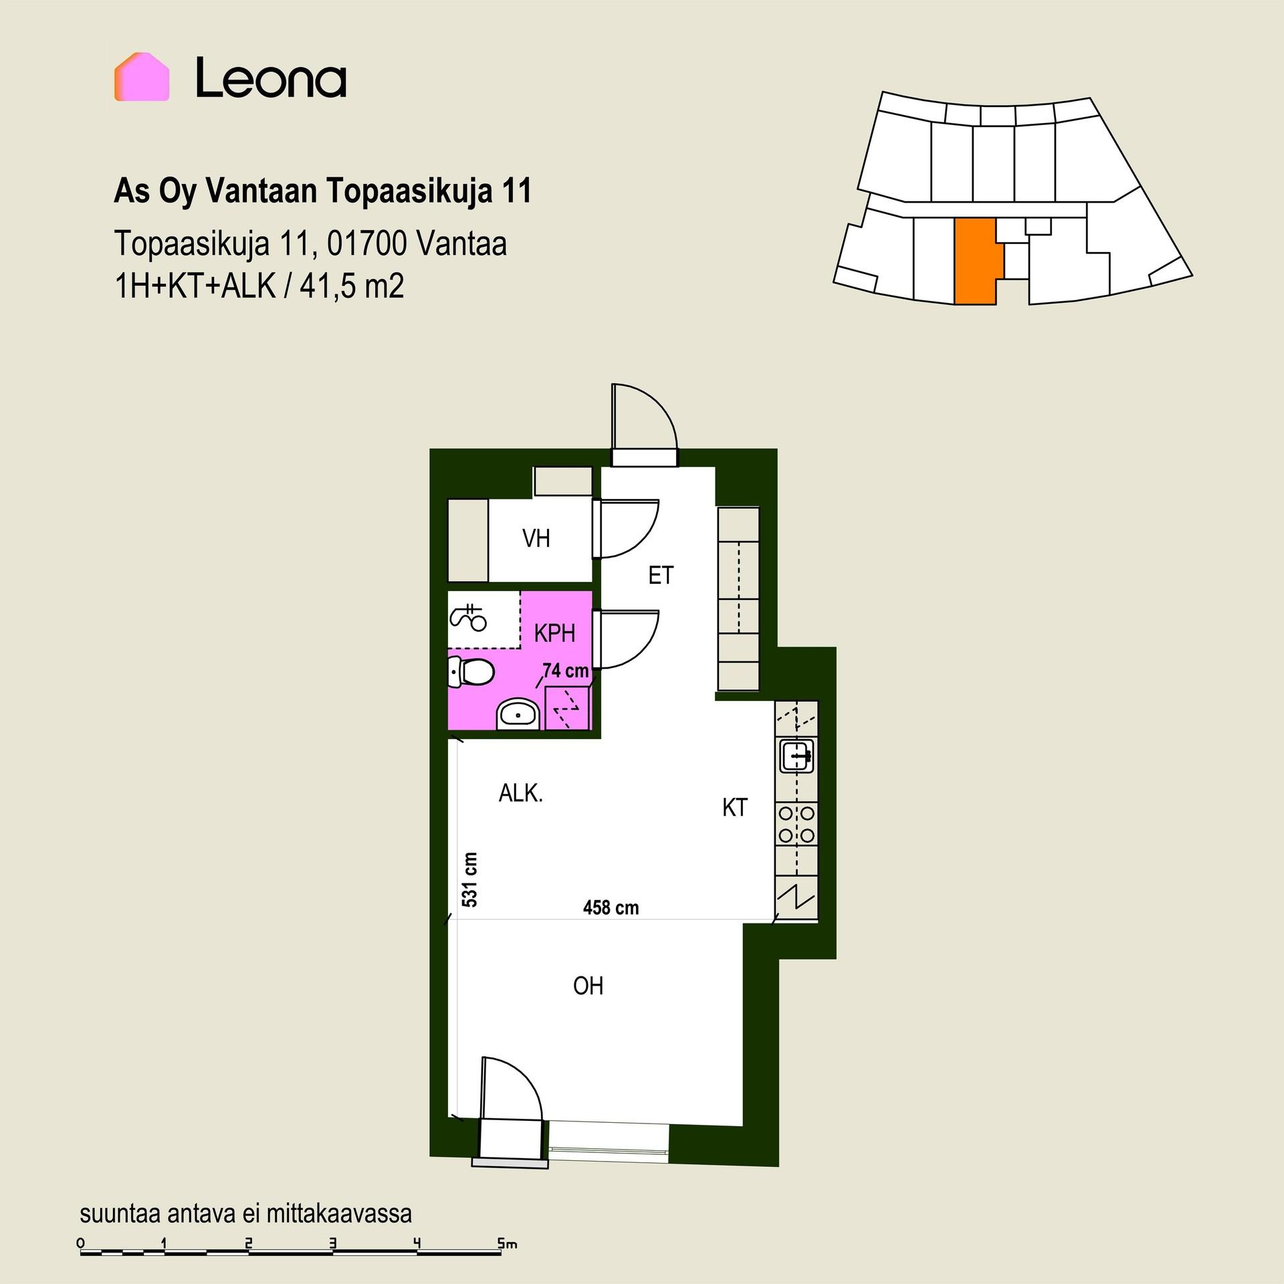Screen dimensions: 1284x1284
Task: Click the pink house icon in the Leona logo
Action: (141, 77)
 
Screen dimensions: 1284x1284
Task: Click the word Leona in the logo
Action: (271, 78)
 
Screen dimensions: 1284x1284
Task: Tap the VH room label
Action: (536, 538)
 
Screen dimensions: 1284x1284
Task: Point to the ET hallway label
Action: (661, 575)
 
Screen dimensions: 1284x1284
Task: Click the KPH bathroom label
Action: (555, 633)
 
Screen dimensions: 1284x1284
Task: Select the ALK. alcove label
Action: (521, 793)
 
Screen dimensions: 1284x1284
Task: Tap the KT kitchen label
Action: (735, 808)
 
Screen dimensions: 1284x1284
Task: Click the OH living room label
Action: (588, 986)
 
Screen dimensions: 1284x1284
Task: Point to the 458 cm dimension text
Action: (611, 907)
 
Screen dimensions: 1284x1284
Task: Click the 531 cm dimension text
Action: (470, 879)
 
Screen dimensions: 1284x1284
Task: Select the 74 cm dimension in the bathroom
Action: (566, 670)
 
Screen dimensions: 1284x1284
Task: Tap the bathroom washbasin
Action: (518, 715)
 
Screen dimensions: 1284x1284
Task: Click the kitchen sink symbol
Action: (797, 756)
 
